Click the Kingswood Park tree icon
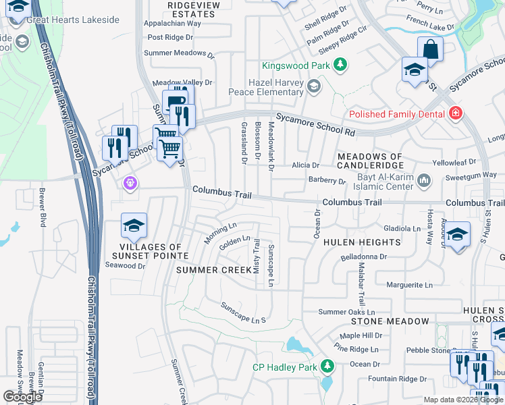pos(342,65)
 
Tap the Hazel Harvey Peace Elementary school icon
pos(313,86)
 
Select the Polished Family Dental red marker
pos(456,113)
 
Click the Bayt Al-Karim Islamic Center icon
pos(424,180)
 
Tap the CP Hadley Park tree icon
pos(327,367)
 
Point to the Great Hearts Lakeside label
pos(72,20)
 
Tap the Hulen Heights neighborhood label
pos(362,242)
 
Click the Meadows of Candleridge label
pos(370,161)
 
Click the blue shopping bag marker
pos(430,49)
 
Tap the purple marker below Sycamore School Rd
pos(130,182)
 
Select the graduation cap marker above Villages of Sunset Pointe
pos(134,225)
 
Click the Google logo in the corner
pos(22,397)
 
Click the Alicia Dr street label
pos(305,165)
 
